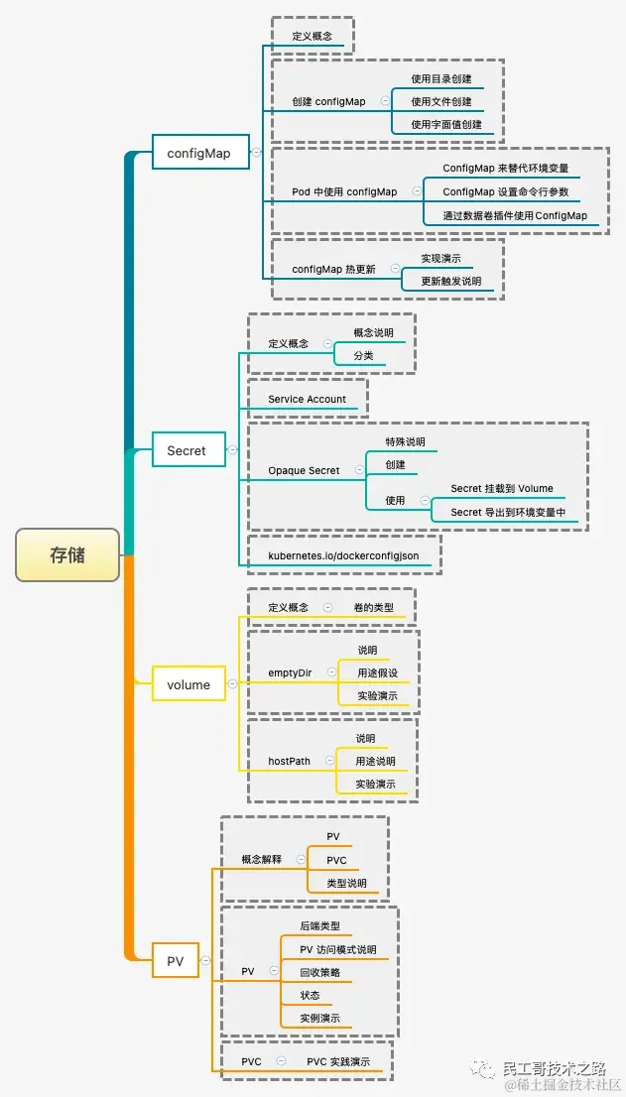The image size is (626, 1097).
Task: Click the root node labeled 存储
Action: click(67, 555)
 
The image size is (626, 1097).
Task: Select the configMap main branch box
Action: click(198, 153)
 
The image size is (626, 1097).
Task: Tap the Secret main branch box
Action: click(187, 450)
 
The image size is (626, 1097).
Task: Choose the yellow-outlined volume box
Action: click(188, 684)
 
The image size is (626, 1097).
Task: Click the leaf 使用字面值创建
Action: click(446, 125)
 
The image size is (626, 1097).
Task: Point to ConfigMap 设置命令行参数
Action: click(506, 192)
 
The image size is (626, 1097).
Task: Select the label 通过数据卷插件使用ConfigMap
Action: click(515, 216)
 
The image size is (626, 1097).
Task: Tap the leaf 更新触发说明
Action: click(450, 282)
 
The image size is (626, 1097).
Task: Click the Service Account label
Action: click(308, 400)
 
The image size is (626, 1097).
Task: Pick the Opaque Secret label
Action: click(304, 471)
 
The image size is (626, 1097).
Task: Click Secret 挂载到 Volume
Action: click(502, 489)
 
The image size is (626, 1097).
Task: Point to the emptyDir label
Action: click(290, 673)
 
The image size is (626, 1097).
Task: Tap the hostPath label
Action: click(289, 762)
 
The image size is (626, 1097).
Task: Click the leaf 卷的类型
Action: click(373, 607)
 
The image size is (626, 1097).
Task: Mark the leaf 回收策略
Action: click(320, 973)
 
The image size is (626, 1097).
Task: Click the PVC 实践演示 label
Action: click(338, 1062)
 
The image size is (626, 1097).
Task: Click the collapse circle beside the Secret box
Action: click(232, 450)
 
